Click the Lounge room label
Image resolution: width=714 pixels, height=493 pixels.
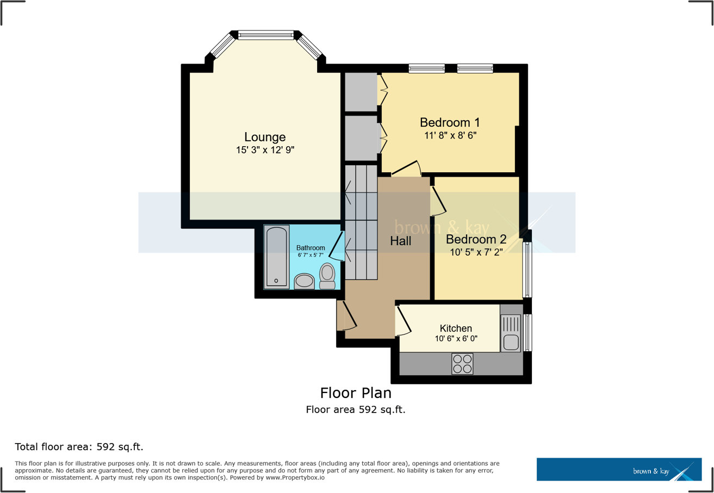click(265, 137)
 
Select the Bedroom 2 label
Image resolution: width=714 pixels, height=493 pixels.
click(476, 239)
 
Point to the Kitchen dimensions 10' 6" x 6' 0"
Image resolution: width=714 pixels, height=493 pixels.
click(456, 339)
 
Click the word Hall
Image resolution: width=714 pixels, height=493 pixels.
click(401, 241)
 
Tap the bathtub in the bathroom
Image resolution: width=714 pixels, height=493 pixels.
click(276, 257)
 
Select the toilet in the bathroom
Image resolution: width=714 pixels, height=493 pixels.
click(327, 276)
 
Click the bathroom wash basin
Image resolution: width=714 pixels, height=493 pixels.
click(304, 281)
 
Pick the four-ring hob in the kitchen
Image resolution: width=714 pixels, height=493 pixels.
click(462, 364)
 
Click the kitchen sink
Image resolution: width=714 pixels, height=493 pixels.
click(511, 342)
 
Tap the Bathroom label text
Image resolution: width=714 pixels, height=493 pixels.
click(311, 248)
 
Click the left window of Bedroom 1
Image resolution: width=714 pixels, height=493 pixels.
click(426, 68)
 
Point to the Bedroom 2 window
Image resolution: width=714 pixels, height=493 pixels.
click(527, 270)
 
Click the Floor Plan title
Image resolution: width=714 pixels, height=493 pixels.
click(356, 392)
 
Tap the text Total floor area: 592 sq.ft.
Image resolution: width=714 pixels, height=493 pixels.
click(79, 447)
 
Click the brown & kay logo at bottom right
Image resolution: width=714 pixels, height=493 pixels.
click(619, 469)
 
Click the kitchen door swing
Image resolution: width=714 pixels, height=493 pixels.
click(403, 321)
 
